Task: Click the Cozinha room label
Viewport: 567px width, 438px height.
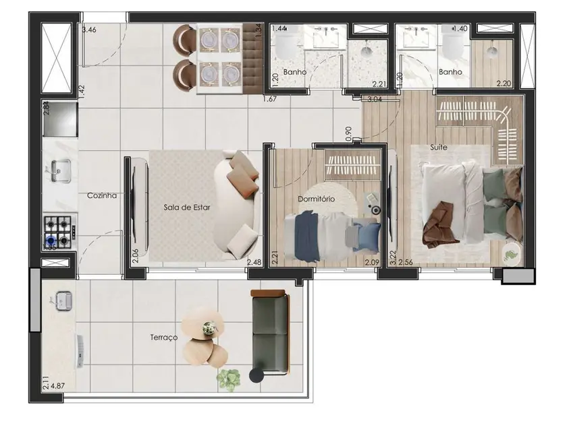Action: point(103,196)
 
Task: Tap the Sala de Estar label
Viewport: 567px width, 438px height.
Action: point(186,208)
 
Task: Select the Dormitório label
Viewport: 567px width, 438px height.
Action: point(317,199)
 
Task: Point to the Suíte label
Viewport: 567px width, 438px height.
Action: point(439,146)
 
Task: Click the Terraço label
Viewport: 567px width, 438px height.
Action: point(165,337)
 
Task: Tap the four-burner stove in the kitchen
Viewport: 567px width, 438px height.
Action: point(58,231)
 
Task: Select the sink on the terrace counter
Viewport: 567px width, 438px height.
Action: point(63,299)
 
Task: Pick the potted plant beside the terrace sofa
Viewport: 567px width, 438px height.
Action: point(228,379)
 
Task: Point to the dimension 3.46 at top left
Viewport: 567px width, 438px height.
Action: point(88,30)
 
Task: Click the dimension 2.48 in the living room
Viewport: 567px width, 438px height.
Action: point(254,262)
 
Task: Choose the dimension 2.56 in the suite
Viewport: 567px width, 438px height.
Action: point(406,262)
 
